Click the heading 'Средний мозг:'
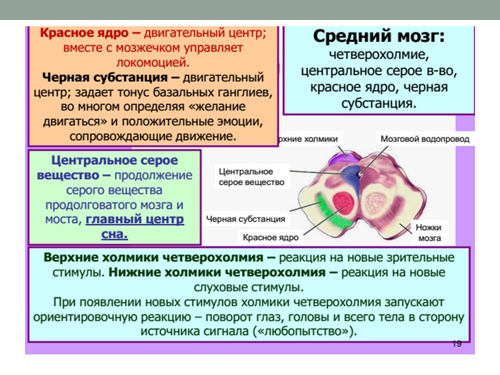(x=379, y=36)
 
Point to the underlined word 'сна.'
(x=114, y=234)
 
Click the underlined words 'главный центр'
(x=134, y=219)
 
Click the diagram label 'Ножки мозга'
(x=430, y=233)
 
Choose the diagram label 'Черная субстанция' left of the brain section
(x=246, y=219)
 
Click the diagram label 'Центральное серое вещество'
(x=251, y=177)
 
